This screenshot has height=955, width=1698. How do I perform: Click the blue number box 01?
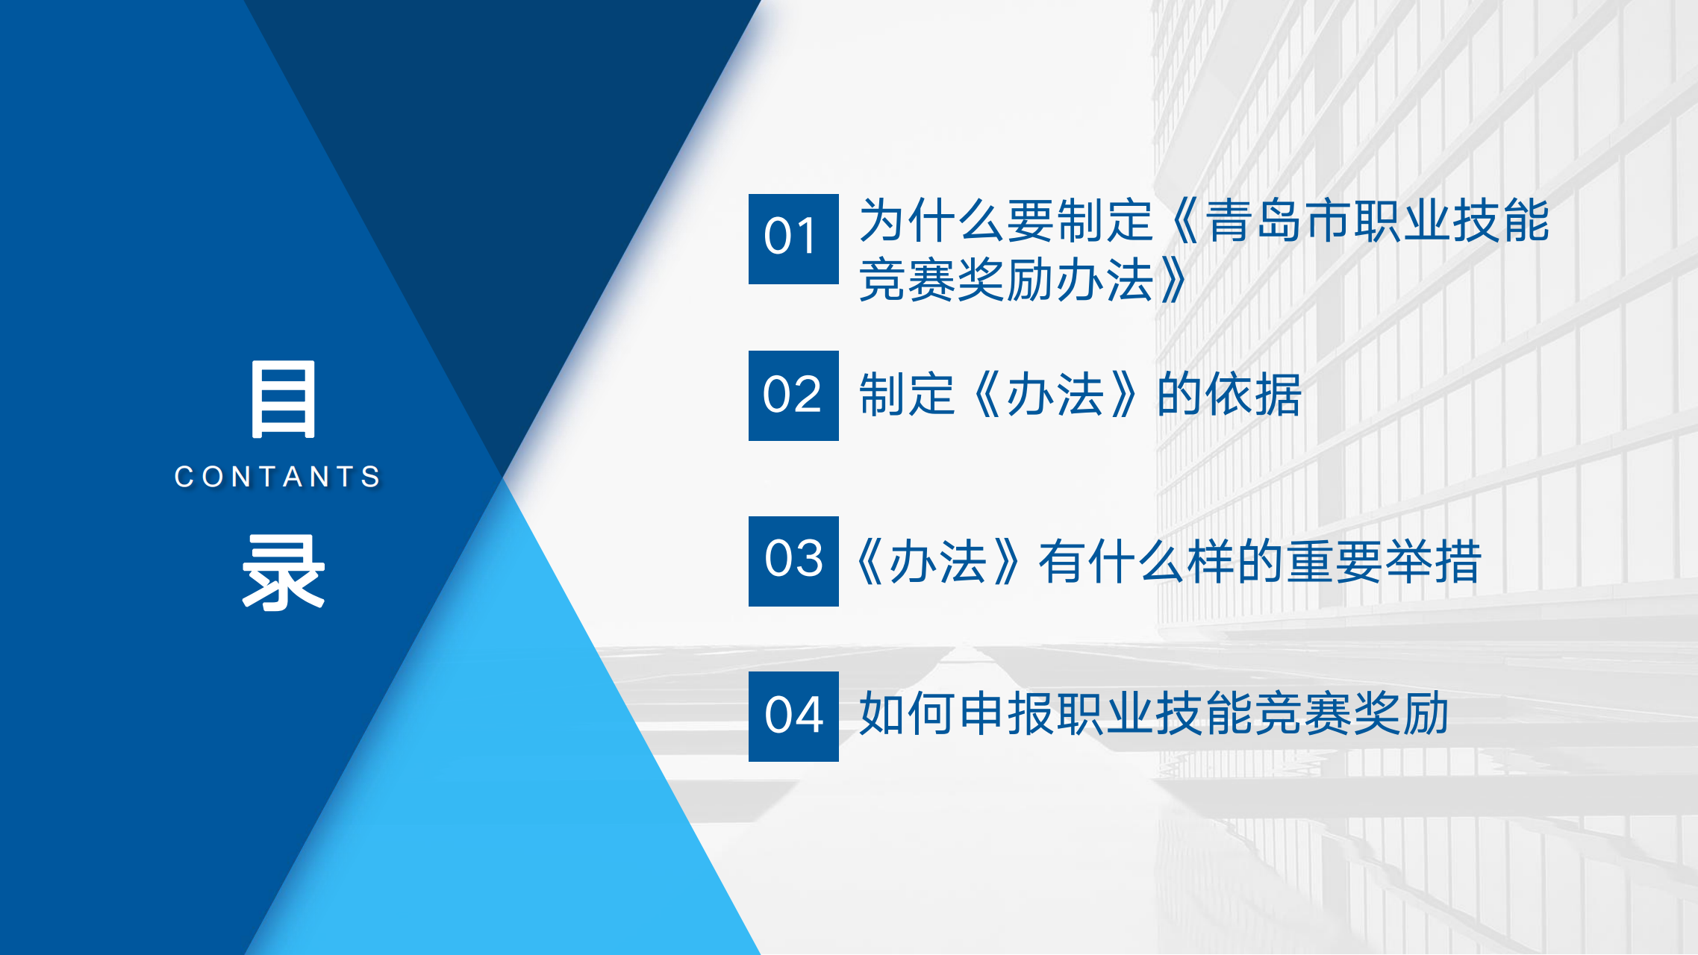793,239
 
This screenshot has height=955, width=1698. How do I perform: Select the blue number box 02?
793,395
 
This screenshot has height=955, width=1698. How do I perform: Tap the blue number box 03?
793,561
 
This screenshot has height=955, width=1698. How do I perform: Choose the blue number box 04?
793,716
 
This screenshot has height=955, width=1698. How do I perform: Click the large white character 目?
284,398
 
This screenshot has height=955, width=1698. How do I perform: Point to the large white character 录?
284,573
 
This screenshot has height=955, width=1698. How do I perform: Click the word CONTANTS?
278,477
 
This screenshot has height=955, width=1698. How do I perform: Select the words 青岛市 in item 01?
1279,221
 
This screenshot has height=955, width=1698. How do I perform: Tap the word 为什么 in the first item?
931,221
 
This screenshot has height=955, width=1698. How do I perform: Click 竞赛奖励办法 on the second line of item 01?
1006,281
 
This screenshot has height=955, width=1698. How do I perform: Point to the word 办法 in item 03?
938,561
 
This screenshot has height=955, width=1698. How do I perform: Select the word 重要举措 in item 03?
1384,561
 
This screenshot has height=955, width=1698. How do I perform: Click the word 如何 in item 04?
907,713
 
